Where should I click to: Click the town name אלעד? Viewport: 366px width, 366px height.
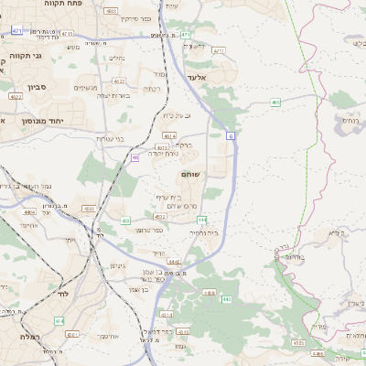tap(198, 79)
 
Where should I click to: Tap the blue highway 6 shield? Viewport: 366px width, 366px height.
tap(231, 135)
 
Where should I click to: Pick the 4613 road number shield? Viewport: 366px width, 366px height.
tap(162, 146)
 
